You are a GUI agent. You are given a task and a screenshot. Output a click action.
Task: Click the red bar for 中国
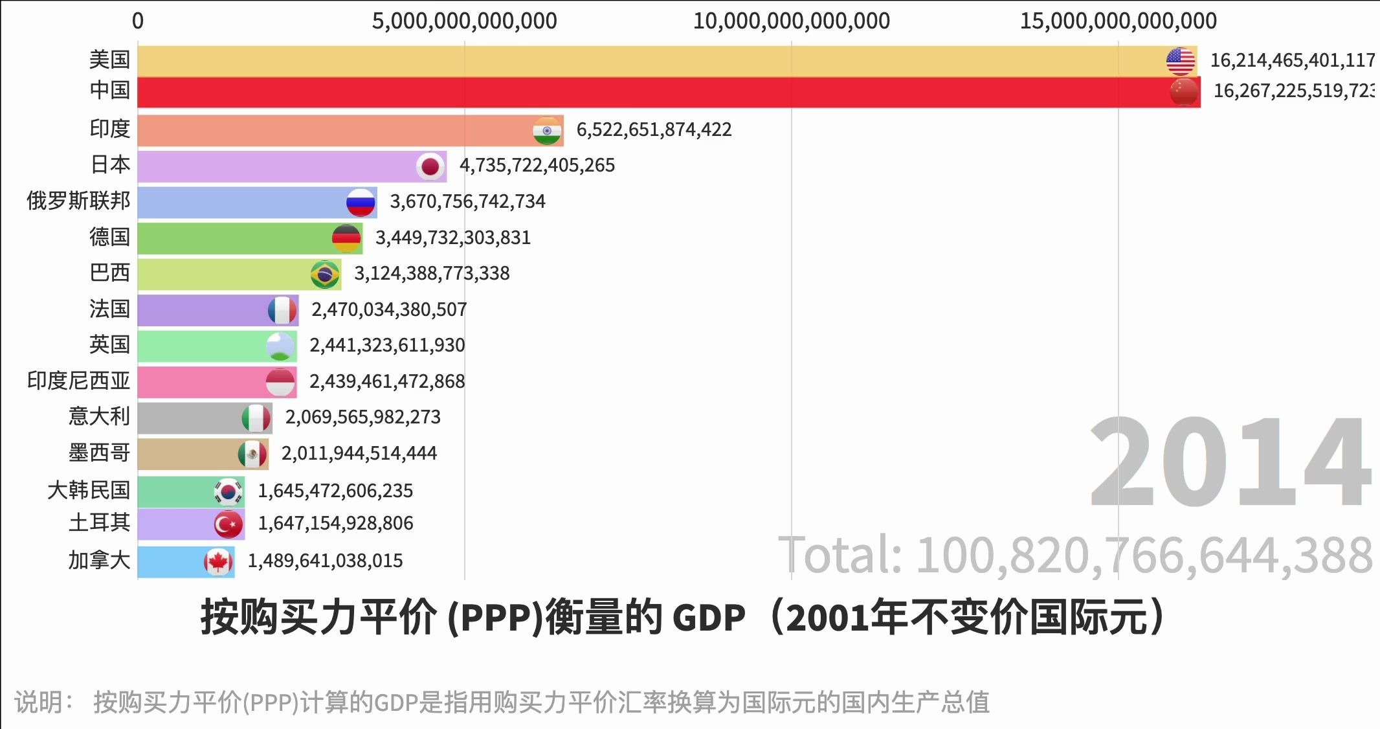[647, 92]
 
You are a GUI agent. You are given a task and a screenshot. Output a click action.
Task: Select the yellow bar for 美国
[647, 61]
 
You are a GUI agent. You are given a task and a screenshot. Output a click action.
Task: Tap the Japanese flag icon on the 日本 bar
[430, 166]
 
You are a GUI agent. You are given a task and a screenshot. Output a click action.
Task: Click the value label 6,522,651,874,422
[654, 130]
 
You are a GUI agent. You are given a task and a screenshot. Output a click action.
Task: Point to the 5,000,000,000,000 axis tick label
[464, 21]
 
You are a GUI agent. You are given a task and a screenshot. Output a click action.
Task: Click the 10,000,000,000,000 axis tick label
[791, 21]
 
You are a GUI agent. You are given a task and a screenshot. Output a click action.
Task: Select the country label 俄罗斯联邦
[78, 201]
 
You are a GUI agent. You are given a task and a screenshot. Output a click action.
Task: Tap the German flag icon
[346, 238]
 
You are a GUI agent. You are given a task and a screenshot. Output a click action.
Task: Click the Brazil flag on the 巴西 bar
[325, 274]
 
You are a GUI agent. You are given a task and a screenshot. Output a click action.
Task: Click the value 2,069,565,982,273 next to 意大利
[362, 418]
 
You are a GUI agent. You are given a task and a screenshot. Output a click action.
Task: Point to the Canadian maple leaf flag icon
[218, 561]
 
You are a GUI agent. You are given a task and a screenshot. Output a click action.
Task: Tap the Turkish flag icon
[228, 524]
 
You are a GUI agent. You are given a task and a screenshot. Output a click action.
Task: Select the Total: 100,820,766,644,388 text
[1074, 555]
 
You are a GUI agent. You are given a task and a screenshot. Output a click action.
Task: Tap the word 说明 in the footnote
[39, 702]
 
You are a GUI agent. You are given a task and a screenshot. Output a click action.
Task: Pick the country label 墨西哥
[99, 453]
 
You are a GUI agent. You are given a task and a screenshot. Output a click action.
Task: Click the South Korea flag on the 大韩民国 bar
[228, 492]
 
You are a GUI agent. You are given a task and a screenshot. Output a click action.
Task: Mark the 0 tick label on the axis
[138, 21]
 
